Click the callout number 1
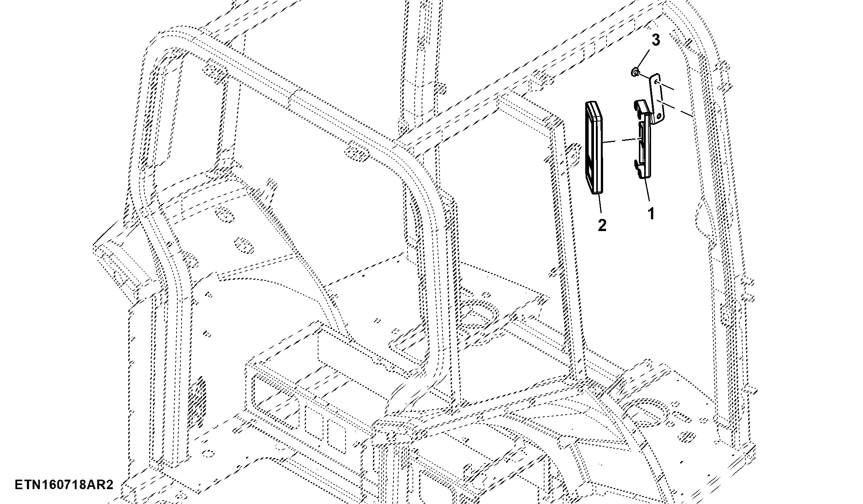[651, 213]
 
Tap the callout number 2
[602, 225]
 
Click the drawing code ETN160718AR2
[64, 485]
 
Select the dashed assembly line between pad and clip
[621, 140]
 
